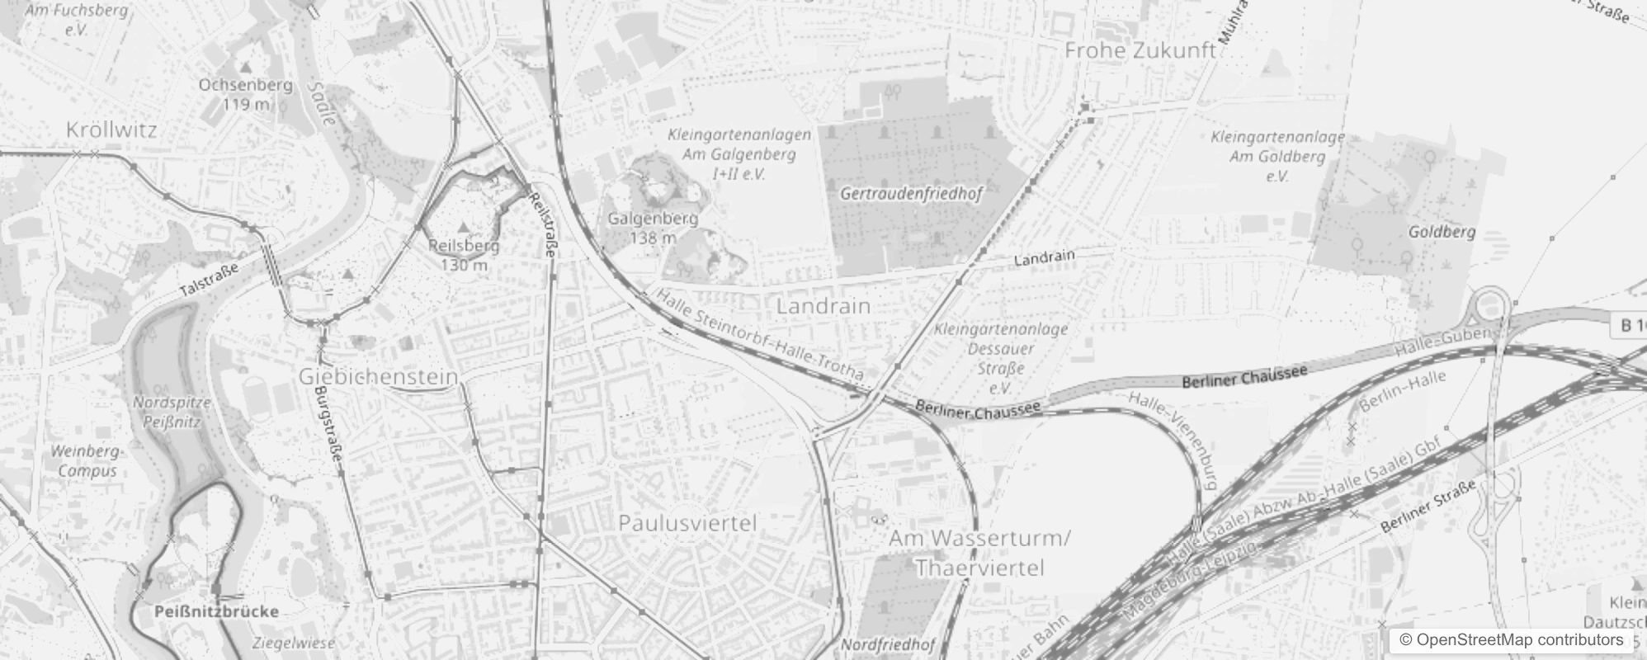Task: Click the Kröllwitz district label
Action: point(111,130)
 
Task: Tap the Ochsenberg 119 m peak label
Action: point(245,94)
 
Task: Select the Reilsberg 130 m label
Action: point(464,254)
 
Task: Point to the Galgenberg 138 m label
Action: point(653,228)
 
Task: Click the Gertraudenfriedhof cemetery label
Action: point(911,195)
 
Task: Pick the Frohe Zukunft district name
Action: point(1140,50)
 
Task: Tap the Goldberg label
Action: point(1442,232)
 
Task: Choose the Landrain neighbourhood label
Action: point(823,306)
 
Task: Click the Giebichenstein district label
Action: point(378,377)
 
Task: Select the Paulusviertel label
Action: point(687,523)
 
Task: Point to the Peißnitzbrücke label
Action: point(216,611)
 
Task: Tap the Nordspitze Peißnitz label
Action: point(172,412)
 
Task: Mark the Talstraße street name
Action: point(209,280)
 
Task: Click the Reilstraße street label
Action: point(544,224)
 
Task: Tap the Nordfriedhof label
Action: point(887,644)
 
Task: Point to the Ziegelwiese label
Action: point(294,643)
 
